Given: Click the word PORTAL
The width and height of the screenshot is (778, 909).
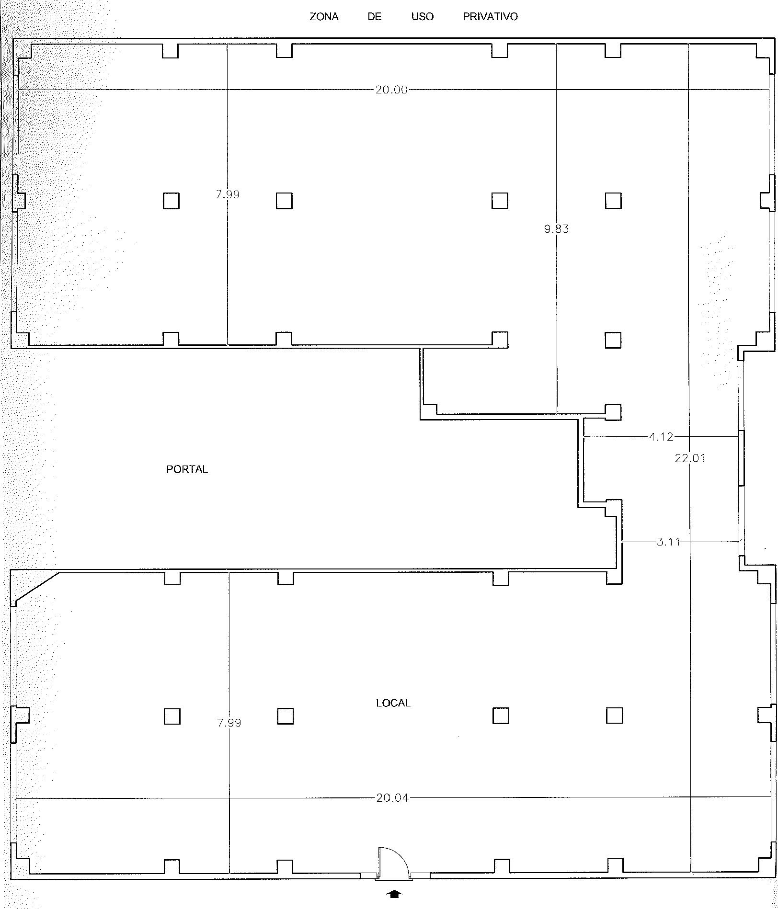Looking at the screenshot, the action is click(187, 469).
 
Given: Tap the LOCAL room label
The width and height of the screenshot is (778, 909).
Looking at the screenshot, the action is click(393, 703).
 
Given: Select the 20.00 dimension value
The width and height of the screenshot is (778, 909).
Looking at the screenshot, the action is click(391, 90).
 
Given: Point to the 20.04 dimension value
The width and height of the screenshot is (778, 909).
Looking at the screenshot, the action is click(392, 798).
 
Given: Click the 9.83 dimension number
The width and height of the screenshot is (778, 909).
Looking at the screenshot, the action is click(556, 229).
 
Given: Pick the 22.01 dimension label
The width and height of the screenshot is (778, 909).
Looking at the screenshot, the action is click(690, 458).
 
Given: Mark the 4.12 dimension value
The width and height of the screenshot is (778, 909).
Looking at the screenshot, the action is click(661, 436).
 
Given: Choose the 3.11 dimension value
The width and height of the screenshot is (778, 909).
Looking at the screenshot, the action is click(668, 542).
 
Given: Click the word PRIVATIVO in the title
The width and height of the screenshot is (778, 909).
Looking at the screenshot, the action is click(490, 17).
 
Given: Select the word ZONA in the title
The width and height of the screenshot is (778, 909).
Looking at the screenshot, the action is click(324, 17).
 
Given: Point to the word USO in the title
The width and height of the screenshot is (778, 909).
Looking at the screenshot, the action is click(422, 17).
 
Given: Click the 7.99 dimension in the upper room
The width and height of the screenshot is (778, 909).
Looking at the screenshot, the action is click(228, 194).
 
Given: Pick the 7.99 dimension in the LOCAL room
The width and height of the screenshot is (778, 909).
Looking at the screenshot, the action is click(229, 723).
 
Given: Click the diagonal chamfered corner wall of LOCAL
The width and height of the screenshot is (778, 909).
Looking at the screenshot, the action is click(37, 586).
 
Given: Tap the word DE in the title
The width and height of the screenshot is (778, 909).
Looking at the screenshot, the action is click(375, 17).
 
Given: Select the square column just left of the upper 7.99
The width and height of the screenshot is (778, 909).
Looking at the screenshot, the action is click(171, 201).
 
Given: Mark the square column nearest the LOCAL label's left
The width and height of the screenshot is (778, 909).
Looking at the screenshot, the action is click(285, 716).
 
